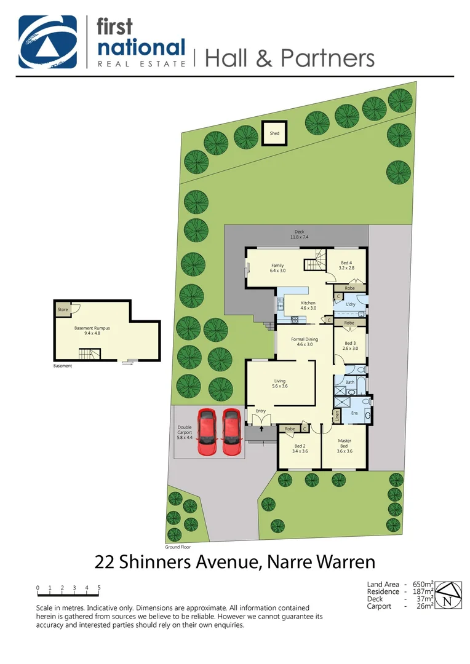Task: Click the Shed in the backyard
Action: tap(274, 133)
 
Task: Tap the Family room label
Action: tap(277, 267)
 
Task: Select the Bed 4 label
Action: tap(347, 265)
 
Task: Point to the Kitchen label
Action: tap(308, 305)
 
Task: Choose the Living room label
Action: tap(280, 384)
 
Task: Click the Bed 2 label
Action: tap(300, 448)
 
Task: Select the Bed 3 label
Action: tap(350, 346)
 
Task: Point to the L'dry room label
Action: tap(351, 305)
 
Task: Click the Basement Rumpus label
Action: tap(92, 331)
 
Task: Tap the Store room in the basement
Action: tap(63, 310)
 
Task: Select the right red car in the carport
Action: tap(232, 432)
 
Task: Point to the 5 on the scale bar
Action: tap(98, 588)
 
